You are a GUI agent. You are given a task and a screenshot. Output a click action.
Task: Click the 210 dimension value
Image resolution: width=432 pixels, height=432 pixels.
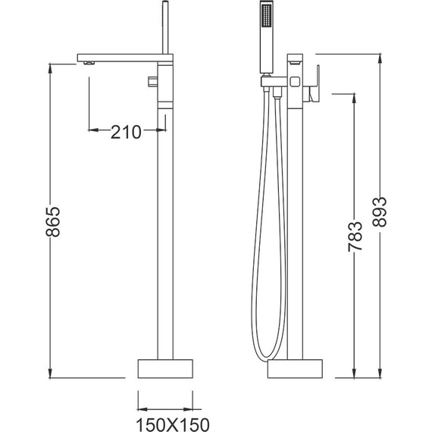point(127,132)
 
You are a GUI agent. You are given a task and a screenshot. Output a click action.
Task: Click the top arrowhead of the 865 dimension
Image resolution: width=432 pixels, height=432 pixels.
point(52,64)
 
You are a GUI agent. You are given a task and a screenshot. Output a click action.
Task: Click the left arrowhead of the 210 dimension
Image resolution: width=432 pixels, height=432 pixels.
point(94,131)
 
